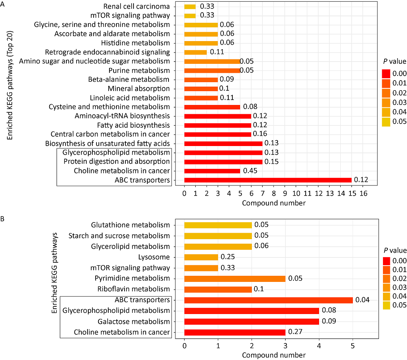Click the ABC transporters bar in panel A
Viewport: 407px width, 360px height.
268,180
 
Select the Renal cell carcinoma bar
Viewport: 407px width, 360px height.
190,7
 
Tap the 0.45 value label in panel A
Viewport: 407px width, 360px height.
249,171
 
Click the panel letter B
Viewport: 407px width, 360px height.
3,219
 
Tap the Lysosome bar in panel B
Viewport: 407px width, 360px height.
201,257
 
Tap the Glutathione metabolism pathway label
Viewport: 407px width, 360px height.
130,225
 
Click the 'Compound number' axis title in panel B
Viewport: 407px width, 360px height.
271,355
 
